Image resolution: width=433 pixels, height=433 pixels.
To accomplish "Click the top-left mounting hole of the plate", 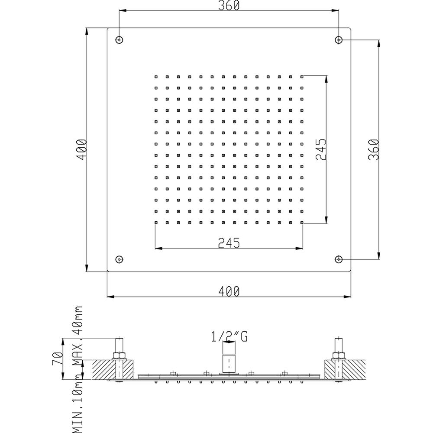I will coord(119,40).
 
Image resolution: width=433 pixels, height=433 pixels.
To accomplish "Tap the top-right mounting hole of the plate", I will coord(339,40).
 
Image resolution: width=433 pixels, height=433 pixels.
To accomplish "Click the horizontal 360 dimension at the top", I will coord(229,6).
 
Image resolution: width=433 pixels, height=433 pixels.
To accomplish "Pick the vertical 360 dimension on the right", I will coord(374,149).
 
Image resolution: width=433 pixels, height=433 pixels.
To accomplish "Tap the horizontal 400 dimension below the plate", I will coord(229,292).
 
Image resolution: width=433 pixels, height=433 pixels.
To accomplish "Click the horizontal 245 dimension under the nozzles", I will coord(229,243).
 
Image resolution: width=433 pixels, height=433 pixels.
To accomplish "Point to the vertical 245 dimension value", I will coord(321,149).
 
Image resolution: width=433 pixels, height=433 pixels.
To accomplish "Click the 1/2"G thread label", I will coord(229,336).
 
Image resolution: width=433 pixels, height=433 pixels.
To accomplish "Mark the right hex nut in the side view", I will coord(338,356).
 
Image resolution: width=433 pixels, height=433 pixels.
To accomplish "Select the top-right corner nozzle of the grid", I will coord(302,77).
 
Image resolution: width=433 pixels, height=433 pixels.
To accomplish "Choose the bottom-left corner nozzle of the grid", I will coord(155,223).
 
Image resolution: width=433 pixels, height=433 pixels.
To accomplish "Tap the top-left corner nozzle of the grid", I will coord(155,77).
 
